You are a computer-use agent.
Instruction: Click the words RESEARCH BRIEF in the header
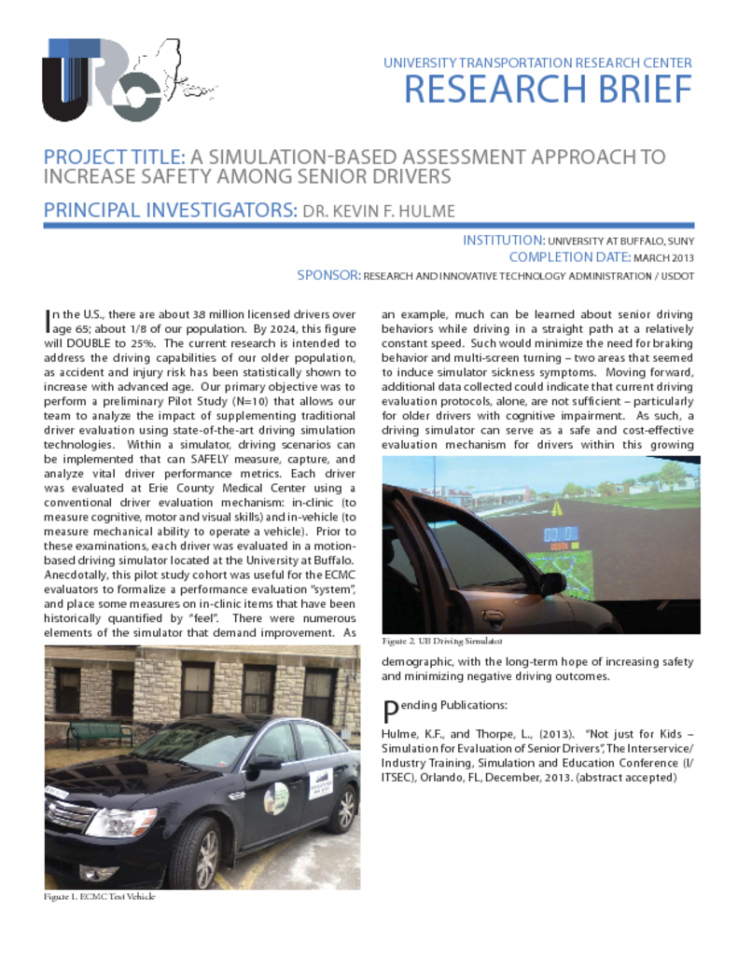[548, 90]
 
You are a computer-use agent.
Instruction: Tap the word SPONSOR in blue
[327, 275]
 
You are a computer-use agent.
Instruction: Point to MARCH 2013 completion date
[662, 257]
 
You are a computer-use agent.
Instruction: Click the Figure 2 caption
[442, 642]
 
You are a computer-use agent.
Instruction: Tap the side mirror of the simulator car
[551, 583]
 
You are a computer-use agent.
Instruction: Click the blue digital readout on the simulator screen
[564, 535]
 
